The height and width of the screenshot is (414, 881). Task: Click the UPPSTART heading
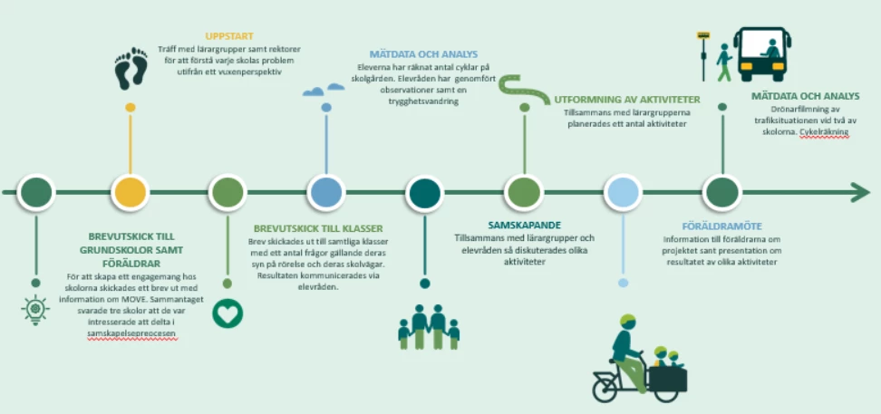click(223, 36)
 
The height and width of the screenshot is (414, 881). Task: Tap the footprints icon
click(131, 69)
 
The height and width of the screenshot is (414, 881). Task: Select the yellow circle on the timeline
click(131, 192)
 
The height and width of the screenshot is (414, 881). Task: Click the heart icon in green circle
click(227, 313)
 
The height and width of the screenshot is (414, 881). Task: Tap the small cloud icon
click(324, 89)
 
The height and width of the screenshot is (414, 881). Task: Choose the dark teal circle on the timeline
click(424, 192)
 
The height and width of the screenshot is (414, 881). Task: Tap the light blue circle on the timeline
click(623, 192)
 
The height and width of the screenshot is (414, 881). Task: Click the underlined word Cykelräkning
click(825, 132)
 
